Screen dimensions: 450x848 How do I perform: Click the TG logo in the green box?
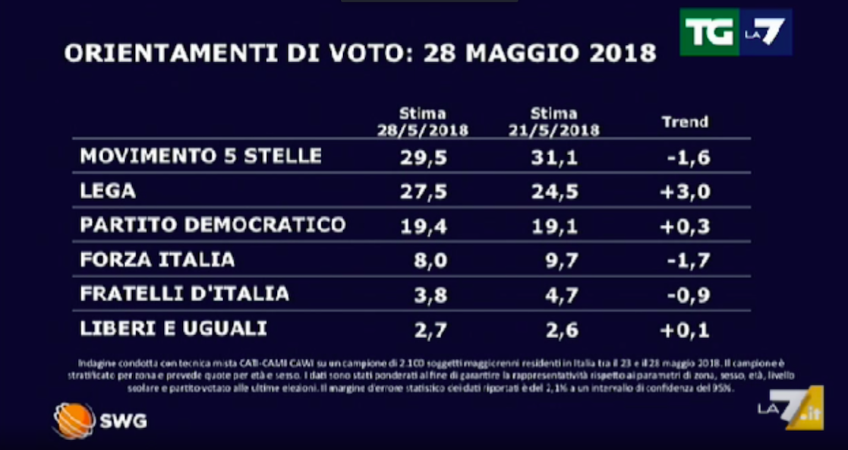pyautogui.click(x=709, y=32)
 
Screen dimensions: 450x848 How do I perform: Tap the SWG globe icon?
pyautogui.click(x=74, y=420)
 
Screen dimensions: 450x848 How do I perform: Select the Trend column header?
pyautogui.click(x=684, y=122)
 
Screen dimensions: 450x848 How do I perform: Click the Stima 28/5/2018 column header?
pyautogui.click(x=423, y=122)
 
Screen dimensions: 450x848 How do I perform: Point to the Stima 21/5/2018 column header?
pyautogui.click(x=553, y=122)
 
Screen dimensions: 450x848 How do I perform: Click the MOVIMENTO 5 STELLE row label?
pyautogui.click(x=201, y=156)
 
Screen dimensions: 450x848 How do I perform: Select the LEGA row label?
pyautogui.click(x=108, y=191)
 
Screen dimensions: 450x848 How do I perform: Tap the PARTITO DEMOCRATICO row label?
pyautogui.click(x=213, y=225)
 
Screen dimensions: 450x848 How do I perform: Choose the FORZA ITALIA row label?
pyautogui.click(x=157, y=259)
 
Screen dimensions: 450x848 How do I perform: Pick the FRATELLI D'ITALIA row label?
pyautogui.click(x=184, y=293)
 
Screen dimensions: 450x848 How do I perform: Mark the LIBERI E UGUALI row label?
pyautogui.click(x=173, y=328)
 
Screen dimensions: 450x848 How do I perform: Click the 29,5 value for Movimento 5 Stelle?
pyautogui.click(x=423, y=157)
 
